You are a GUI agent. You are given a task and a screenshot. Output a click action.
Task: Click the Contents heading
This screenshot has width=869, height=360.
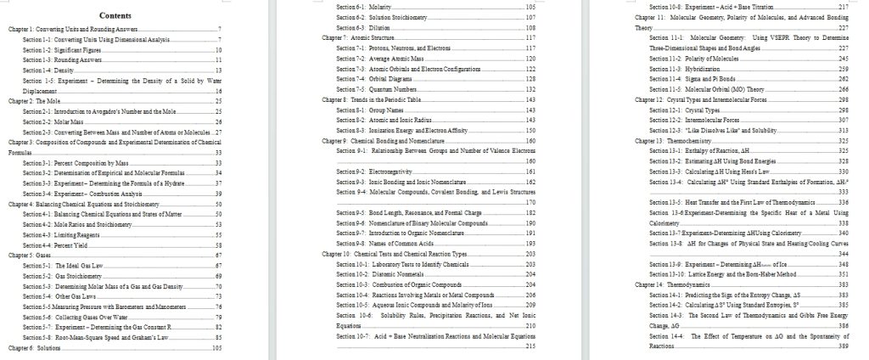pyautogui.click(x=115, y=15)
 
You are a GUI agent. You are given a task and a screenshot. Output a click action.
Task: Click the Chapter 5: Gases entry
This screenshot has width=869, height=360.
pyautogui.click(x=31, y=255)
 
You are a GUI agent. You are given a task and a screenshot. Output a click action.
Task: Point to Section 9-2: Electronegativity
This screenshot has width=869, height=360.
pyautogui.click(x=373, y=172)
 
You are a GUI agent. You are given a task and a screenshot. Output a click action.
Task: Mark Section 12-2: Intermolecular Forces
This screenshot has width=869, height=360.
pyautogui.click(x=692, y=121)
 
